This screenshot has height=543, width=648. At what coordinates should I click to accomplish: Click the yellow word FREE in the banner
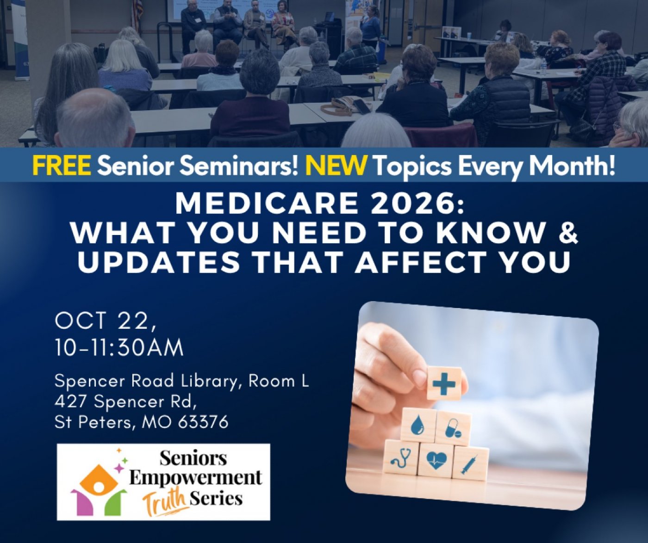[62, 165]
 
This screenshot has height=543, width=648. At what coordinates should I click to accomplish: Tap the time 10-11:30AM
[119, 347]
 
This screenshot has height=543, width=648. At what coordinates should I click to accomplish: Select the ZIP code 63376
[203, 422]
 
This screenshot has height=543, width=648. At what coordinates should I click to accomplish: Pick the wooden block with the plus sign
[444, 383]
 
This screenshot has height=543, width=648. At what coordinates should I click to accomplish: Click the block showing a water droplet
[417, 426]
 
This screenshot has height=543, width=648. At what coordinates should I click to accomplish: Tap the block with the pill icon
[453, 428]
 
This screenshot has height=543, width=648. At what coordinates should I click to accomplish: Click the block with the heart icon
[436, 460]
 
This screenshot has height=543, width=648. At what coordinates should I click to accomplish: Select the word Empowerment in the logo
[196, 478]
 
